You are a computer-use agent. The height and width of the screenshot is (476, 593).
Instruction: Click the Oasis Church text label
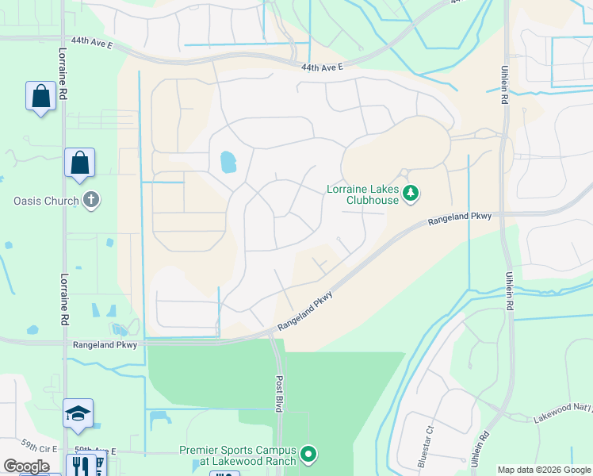[x=47, y=201]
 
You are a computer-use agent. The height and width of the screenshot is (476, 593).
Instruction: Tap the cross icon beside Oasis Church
[x=92, y=200]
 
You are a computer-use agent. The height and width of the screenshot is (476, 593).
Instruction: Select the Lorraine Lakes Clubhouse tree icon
[x=411, y=192]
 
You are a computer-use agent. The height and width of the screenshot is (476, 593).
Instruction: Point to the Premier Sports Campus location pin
[x=309, y=455]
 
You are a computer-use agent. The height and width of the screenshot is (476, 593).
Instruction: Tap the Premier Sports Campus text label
[x=238, y=455]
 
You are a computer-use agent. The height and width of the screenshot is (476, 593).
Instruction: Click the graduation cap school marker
[x=78, y=413]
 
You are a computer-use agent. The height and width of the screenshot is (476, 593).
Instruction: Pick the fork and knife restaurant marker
[x=79, y=465]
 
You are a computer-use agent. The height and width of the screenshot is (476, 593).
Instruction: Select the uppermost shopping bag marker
[x=40, y=96]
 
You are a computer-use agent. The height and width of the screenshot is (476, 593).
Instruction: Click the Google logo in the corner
[x=27, y=466]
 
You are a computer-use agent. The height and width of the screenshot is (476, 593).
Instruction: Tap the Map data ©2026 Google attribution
[x=543, y=470]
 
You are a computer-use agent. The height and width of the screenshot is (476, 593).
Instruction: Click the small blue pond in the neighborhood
[x=228, y=162]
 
